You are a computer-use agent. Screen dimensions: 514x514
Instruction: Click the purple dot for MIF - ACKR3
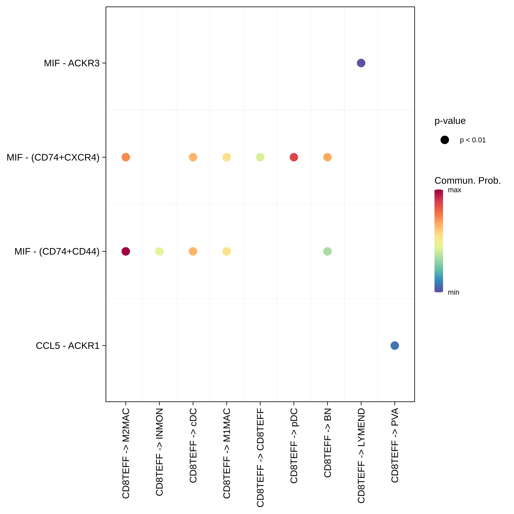tap(361, 63)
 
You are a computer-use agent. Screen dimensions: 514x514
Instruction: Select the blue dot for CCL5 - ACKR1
tap(395, 346)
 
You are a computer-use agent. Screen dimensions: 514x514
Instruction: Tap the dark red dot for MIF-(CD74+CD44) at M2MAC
tap(126, 251)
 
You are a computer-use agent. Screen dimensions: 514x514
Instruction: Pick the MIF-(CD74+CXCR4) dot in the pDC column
tap(294, 157)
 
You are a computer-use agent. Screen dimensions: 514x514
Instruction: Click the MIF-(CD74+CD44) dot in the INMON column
tap(159, 251)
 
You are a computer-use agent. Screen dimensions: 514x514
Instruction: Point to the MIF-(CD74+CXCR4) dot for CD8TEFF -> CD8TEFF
tap(260, 157)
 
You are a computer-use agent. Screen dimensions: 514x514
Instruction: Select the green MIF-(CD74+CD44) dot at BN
tap(327, 251)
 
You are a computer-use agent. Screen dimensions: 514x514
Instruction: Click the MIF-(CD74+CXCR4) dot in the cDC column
tap(193, 157)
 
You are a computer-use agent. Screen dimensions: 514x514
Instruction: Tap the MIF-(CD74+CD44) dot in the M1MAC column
tap(226, 251)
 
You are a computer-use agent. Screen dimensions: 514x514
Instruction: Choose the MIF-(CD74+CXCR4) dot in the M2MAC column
tap(126, 157)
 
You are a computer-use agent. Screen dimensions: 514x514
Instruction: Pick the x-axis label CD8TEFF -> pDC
tap(294, 446)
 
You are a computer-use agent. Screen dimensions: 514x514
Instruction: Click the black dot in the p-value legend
tap(445, 140)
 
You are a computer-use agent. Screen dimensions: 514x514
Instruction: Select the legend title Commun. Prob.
tap(467, 181)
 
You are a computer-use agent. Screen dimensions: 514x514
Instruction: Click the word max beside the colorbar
tap(454, 190)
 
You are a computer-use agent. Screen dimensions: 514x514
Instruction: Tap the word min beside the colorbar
tap(453, 292)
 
